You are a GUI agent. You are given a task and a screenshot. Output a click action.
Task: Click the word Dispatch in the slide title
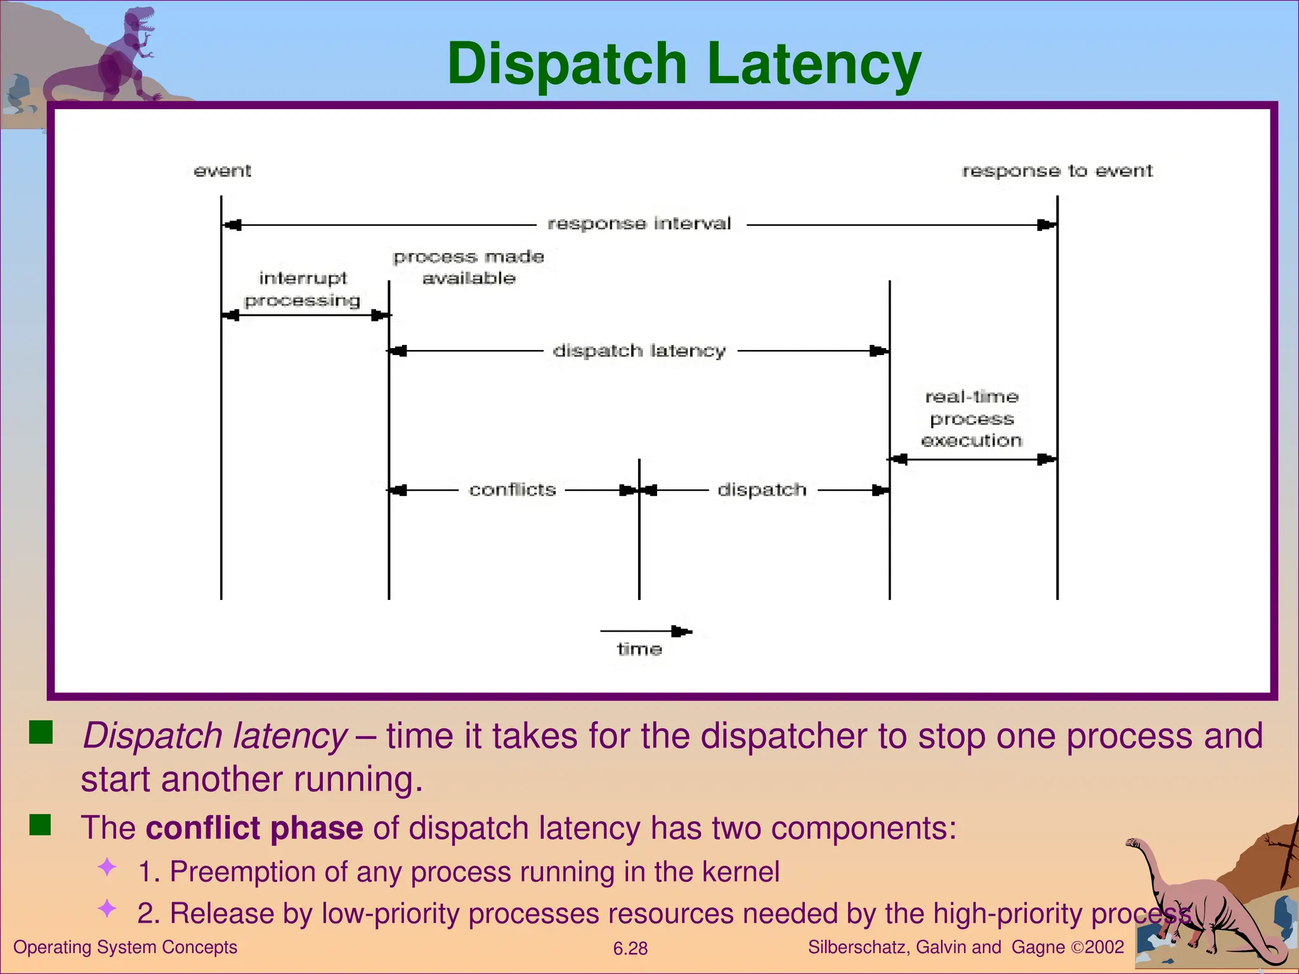(566, 63)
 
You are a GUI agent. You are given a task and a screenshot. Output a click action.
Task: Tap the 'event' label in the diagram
(222, 171)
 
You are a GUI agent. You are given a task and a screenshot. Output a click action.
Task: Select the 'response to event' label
(1057, 171)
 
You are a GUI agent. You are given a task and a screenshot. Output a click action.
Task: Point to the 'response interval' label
(639, 223)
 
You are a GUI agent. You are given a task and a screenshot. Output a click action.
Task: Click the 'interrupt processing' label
(303, 289)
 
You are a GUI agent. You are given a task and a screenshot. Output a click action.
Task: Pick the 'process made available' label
(469, 267)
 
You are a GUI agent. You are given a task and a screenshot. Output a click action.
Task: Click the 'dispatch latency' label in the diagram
(639, 351)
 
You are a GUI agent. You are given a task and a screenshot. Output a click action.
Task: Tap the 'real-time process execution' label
(972, 419)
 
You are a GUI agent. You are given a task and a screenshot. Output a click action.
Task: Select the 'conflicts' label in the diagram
(512, 490)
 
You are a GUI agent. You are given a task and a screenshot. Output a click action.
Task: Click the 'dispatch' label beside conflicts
(762, 490)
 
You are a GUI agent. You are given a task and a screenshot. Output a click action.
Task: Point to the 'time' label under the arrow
(639, 649)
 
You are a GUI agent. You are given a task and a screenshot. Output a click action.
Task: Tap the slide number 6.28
(630, 949)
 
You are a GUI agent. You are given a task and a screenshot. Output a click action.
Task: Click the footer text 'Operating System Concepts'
(125, 947)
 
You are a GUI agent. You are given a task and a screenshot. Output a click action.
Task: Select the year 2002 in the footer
(1104, 947)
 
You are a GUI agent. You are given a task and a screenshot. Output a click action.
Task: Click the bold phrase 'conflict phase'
(254, 828)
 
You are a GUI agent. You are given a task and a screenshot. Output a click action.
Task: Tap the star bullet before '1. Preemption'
(107, 867)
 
